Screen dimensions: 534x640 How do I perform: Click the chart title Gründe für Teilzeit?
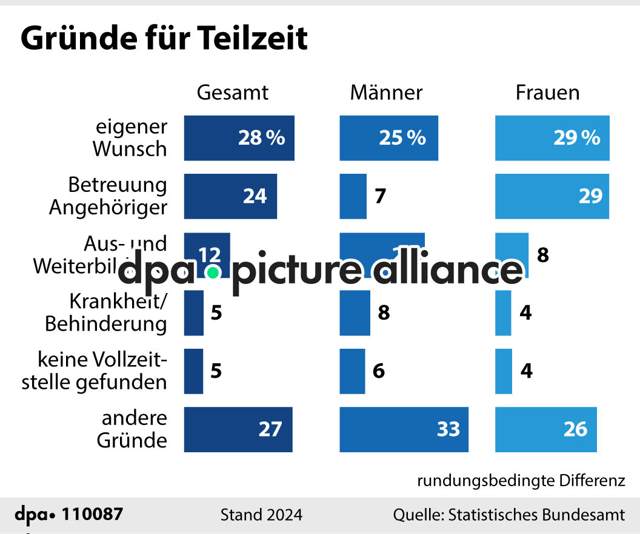click(x=164, y=39)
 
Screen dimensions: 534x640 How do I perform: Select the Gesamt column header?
click(x=233, y=93)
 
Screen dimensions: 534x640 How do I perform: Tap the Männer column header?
click(x=386, y=93)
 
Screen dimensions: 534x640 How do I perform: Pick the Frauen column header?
click(x=547, y=93)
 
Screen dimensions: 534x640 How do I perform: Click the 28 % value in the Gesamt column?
click(x=261, y=138)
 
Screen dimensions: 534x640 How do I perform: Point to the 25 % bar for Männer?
click(x=388, y=138)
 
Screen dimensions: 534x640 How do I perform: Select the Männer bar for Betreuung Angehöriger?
click(x=353, y=196)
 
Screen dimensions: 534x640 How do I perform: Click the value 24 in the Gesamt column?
click(x=255, y=196)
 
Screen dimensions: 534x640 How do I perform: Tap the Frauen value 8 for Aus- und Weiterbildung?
click(x=543, y=255)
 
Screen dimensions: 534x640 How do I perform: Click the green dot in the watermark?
click(x=212, y=273)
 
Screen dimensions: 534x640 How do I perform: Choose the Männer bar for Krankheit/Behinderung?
click(x=355, y=313)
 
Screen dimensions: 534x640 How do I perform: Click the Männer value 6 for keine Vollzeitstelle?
click(x=379, y=371)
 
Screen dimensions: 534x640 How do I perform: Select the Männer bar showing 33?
click(x=404, y=429)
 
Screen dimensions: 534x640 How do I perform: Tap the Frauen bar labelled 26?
click(x=545, y=429)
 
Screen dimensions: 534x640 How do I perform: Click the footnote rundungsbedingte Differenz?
click(x=521, y=481)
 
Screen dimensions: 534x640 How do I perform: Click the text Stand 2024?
click(x=261, y=515)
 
